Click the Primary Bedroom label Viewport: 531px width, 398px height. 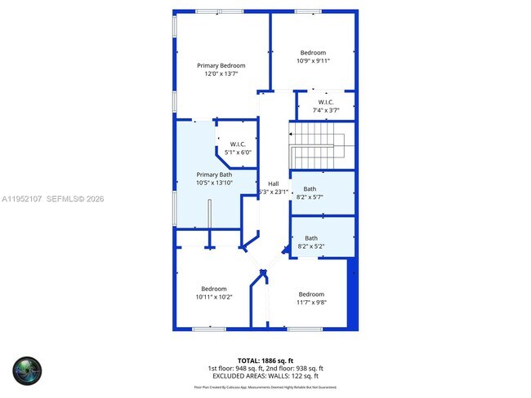coord(221,66)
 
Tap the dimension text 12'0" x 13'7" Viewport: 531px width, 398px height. coord(221,74)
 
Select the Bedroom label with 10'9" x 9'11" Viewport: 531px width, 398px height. coord(312,53)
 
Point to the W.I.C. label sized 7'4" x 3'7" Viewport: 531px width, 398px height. coord(324,102)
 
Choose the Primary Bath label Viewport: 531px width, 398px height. coord(214,175)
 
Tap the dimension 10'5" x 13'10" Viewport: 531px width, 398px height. coord(214,183)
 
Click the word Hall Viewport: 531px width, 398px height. coord(273,184)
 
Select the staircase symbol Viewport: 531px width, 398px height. coord(319,146)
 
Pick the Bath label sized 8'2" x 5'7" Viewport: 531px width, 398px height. coord(310,188)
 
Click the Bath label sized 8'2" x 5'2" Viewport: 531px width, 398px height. coord(311,238)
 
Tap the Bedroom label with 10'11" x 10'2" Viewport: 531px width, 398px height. coord(214,289)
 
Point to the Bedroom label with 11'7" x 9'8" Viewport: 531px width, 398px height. coord(310,294)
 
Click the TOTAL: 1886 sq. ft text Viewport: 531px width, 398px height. coord(265,360)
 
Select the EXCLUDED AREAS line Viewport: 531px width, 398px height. coord(265,376)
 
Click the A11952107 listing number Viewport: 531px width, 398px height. coord(23,198)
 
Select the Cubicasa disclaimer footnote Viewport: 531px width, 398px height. coord(265,387)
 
